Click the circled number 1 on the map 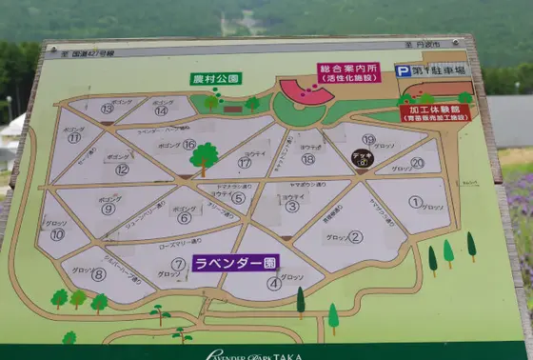tap(415, 202)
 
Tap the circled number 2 tap(355, 237)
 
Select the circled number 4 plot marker tap(274, 282)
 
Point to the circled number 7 tap(179, 263)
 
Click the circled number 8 tap(98, 274)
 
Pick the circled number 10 tap(58, 234)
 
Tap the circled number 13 tap(108, 109)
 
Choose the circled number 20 tap(417, 163)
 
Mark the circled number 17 tap(246, 163)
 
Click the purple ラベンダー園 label tap(236, 261)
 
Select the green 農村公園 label tap(216, 78)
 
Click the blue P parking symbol tap(403, 70)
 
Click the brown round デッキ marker tap(363, 159)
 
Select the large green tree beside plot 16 tap(204, 156)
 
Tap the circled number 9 tap(109, 210)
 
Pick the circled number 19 tap(369, 139)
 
